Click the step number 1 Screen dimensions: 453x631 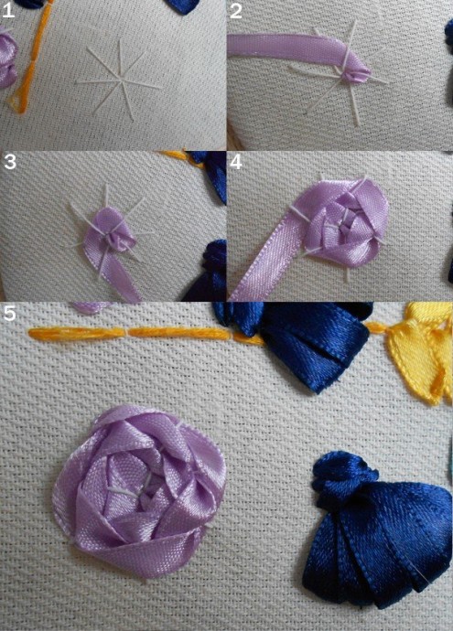[8, 10]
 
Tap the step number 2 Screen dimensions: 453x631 [236, 10]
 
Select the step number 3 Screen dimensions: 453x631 [10, 161]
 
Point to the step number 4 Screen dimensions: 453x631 [236, 161]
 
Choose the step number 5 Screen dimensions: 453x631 [10, 313]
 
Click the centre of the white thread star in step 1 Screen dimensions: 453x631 [120, 81]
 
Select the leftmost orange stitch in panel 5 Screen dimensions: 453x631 [77, 333]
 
